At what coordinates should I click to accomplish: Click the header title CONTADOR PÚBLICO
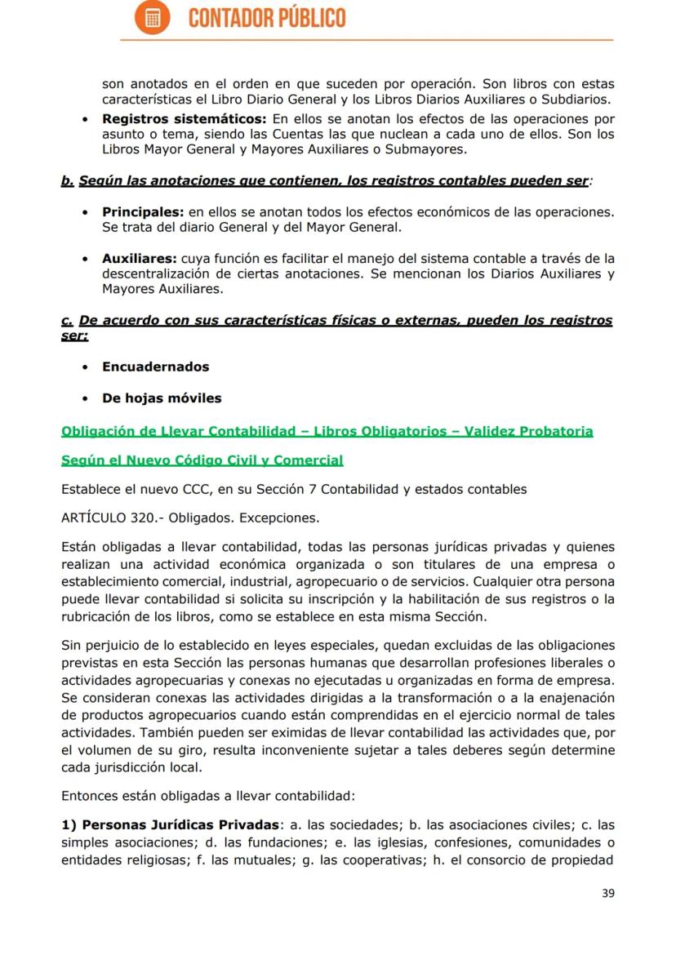click(x=267, y=18)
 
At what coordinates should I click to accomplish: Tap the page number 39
click(x=607, y=892)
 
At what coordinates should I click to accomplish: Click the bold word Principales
click(x=137, y=211)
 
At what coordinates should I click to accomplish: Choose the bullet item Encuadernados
click(x=155, y=366)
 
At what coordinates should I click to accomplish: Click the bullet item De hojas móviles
click(x=162, y=398)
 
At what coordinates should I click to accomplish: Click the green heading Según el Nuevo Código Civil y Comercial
click(x=202, y=460)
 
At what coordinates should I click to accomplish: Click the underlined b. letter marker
click(x=68, y=180)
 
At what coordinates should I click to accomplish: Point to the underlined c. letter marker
click(x=67, y=321)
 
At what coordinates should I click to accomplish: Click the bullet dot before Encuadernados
click(x=86, y=367)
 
